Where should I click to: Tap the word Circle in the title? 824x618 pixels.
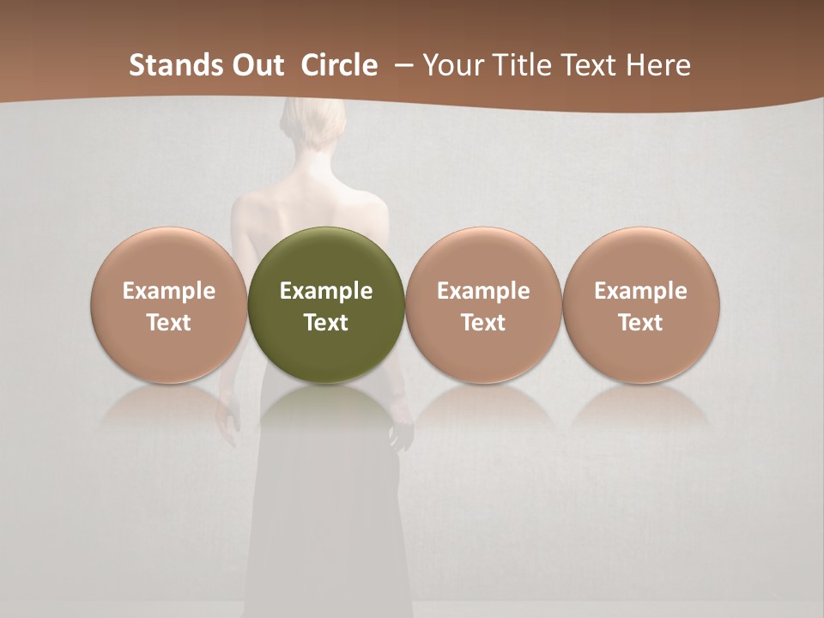[x=339, y=65]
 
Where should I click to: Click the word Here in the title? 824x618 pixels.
[x=659, y=65]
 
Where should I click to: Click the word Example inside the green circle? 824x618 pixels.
[x=326, y=291]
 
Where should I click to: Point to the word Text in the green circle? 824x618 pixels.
[x=326, y=323]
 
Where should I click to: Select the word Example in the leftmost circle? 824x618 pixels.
[x=168, y=291]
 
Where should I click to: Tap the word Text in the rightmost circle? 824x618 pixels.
[x=641, y=323]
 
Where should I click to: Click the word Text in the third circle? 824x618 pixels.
[x=483, y=323]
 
